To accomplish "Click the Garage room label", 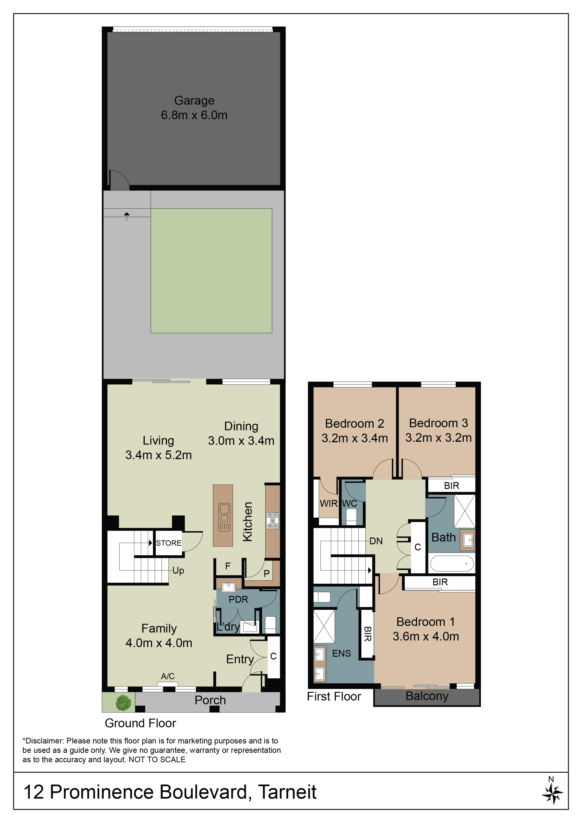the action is tap(194, 101).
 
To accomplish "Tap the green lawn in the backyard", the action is tap(211, 271).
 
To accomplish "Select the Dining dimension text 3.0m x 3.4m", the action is tap(241, 441).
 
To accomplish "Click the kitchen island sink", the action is tap(224, 517).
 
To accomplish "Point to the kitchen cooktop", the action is tap(272, 520).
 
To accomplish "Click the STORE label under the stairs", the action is tap(168, 543).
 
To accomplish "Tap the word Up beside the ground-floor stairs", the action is tap(178, 570).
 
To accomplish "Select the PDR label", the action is tap(238, 599).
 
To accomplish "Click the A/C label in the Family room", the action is tap(168, 676).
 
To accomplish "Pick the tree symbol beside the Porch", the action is tap(123, 703).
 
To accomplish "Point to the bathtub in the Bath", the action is tap(452, 564).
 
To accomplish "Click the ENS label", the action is tap(341, 653).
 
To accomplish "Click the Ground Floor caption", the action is tap(140, 723).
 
